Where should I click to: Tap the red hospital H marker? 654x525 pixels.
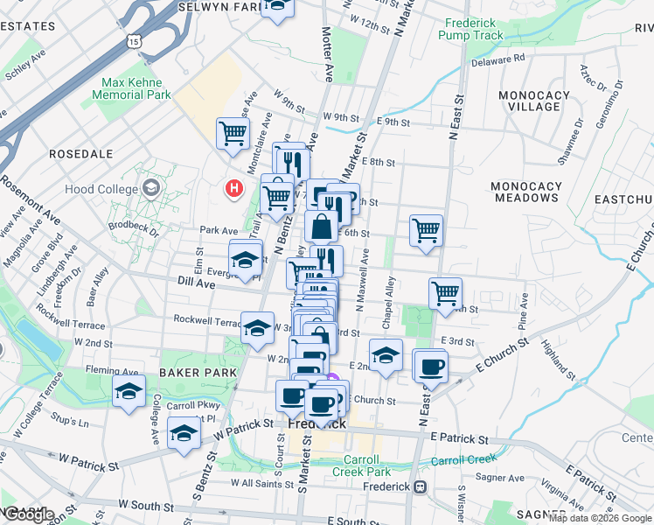(233, 188)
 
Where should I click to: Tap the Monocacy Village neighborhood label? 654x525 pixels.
(529, 101)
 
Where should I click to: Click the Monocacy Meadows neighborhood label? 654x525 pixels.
(524, 192)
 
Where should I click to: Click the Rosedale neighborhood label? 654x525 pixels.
(81, 153)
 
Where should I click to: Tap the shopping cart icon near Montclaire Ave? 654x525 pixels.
(233, 134)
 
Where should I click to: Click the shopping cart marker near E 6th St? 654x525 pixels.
(426, 231)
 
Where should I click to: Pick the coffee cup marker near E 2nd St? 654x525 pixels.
(431, 367)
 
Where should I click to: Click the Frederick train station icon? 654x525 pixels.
(421, 487)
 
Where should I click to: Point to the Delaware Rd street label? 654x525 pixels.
(497, 59)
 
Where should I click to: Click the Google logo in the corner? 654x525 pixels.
(28, 514)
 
